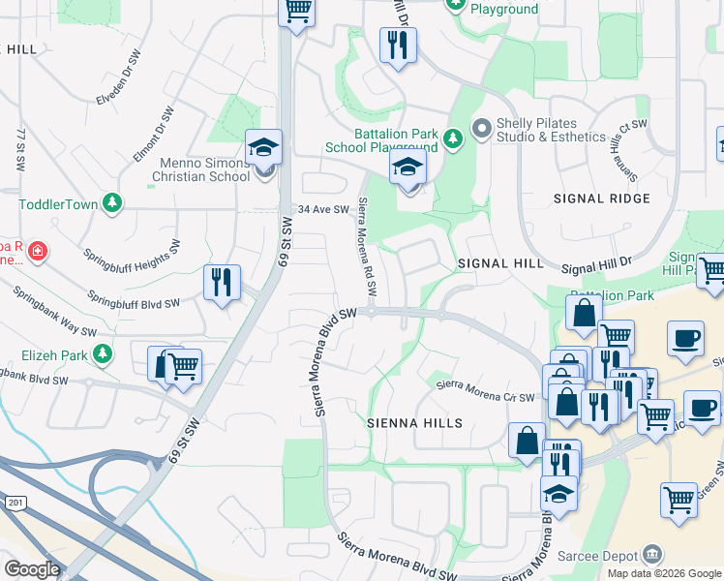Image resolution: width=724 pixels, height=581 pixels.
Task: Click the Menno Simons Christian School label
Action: point(200,169)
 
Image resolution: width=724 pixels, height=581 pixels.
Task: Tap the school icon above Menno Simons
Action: point(263,148)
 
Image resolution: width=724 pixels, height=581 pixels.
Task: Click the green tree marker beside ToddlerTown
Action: point(113,202)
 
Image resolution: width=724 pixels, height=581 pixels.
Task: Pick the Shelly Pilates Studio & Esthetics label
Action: point(550,130)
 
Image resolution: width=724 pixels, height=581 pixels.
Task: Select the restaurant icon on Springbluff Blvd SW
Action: point(222,282)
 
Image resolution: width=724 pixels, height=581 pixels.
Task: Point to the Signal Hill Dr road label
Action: point(595,264)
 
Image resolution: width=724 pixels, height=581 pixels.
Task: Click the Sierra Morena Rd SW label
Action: point(367,248)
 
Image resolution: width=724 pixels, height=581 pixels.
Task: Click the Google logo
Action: point(32,569)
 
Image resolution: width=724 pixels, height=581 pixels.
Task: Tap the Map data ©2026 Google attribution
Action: point(664,573)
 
